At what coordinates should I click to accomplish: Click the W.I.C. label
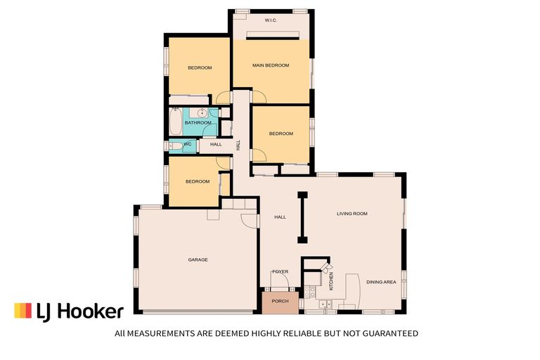271,20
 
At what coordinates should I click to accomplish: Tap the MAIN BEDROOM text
271,65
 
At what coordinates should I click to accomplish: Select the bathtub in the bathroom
174,122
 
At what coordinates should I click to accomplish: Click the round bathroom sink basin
202,112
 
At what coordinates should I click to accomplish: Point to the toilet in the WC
172,146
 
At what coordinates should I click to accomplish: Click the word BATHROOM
198,123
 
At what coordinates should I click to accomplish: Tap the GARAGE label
198,259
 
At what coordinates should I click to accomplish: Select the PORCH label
280,301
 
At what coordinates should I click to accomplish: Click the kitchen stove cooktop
310,290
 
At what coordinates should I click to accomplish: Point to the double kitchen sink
325,304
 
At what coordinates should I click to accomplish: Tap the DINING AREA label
381,281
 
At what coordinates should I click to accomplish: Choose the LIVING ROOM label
352,213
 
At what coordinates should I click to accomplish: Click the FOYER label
281,271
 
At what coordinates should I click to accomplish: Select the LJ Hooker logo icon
22,311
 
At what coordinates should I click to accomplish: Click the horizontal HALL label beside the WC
216,144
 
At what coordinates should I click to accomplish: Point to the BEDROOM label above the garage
198,181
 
